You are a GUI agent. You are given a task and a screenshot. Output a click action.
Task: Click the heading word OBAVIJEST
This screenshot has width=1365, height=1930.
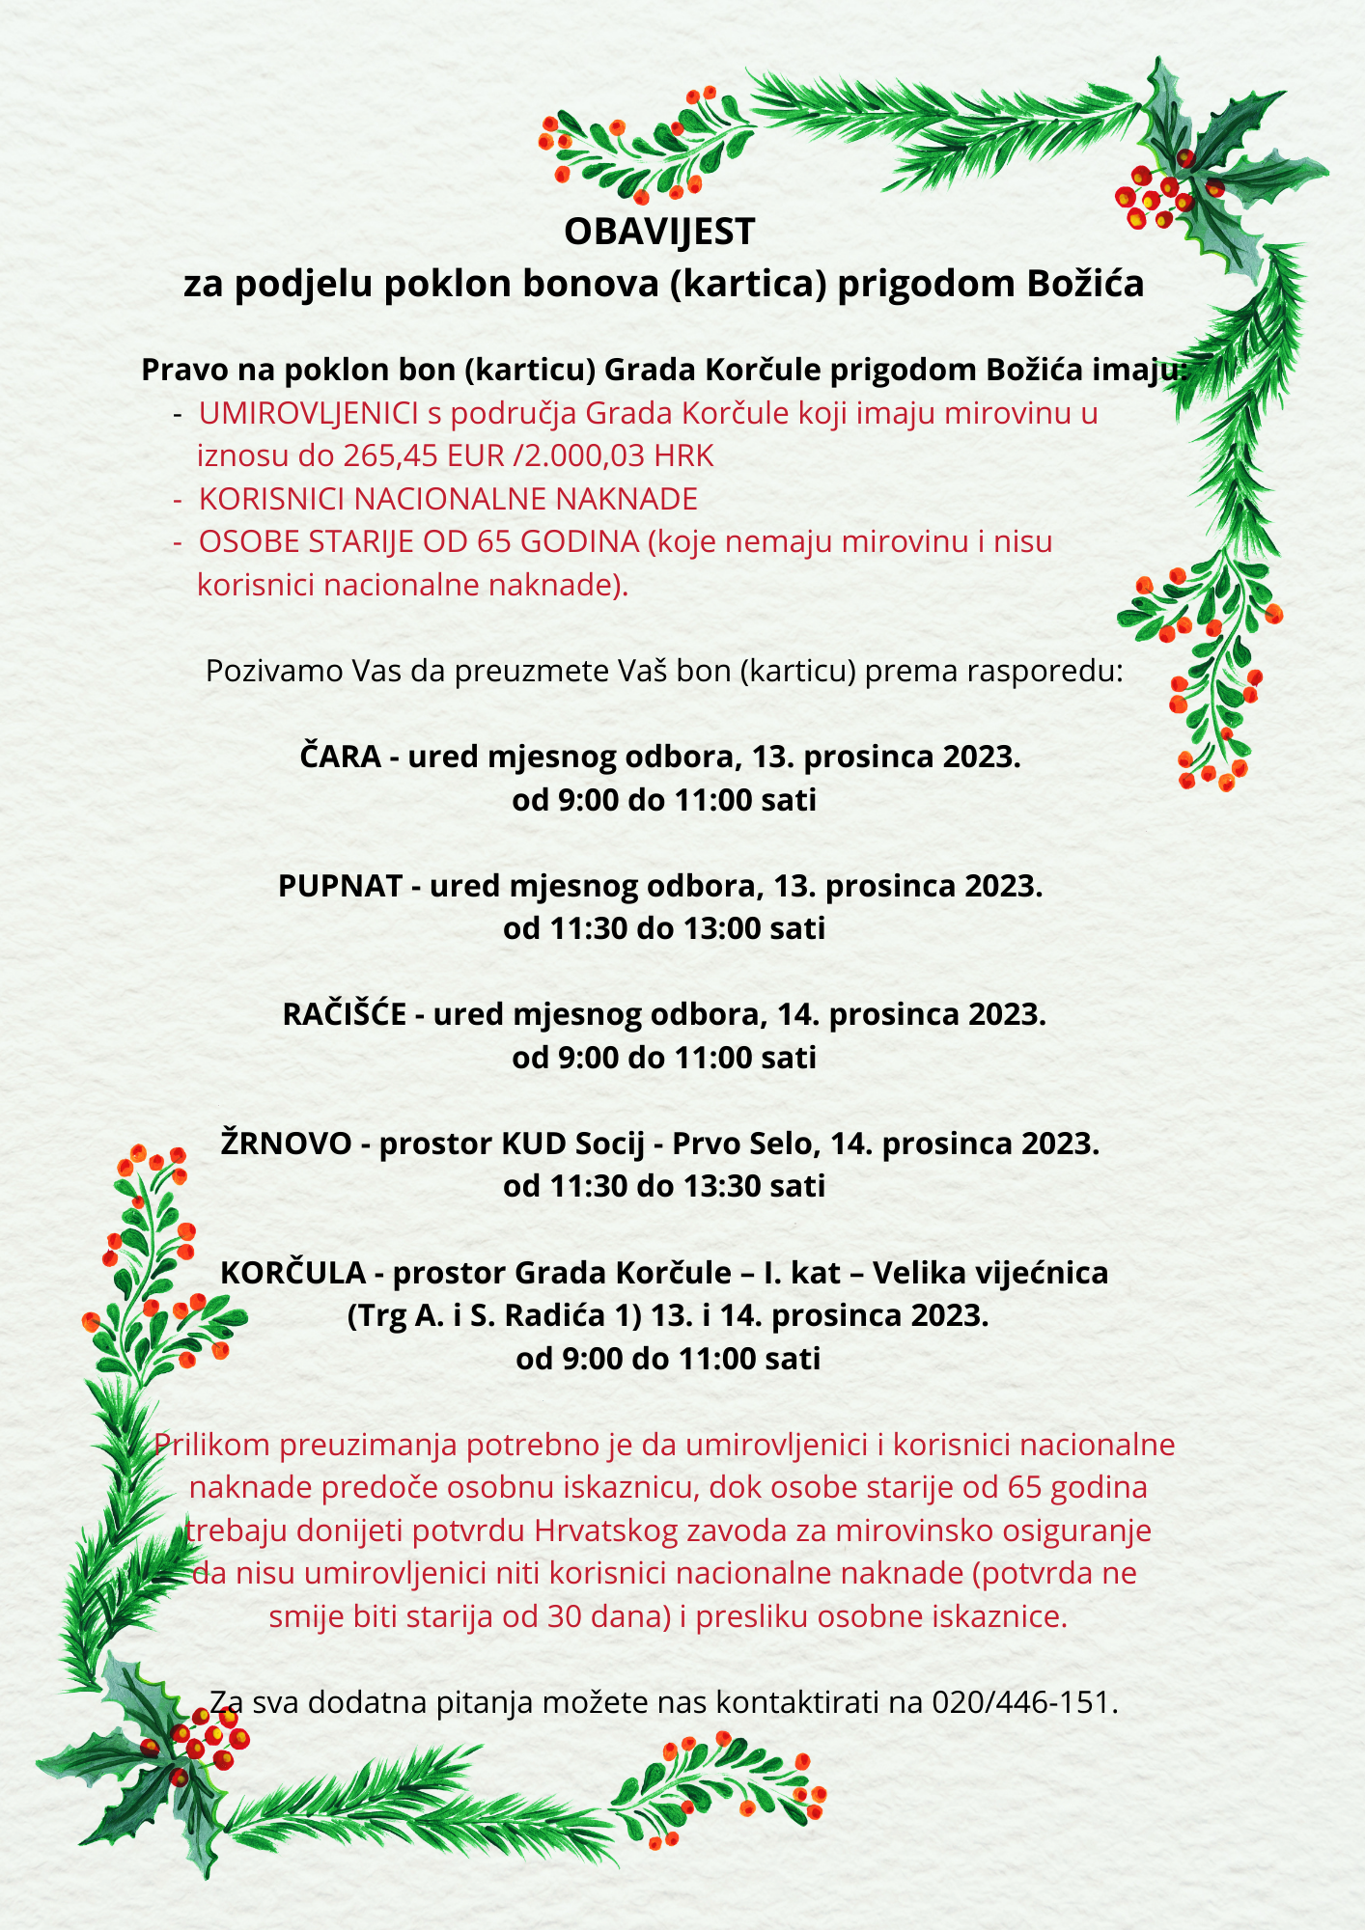[x=659, y=232]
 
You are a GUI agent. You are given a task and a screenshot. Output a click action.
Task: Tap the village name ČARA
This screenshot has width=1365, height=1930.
[x=341, y=757]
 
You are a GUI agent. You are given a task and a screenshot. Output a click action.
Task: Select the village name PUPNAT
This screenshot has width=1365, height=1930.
[x=340, y=886]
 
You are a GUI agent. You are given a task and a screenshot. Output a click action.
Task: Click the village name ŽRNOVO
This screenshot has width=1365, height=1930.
[x=287, y=1144]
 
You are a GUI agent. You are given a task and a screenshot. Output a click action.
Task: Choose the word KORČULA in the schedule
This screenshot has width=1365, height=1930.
[x=293, y=1274]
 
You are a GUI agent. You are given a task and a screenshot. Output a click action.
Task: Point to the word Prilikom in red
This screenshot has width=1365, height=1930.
[x=211, y=1445]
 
